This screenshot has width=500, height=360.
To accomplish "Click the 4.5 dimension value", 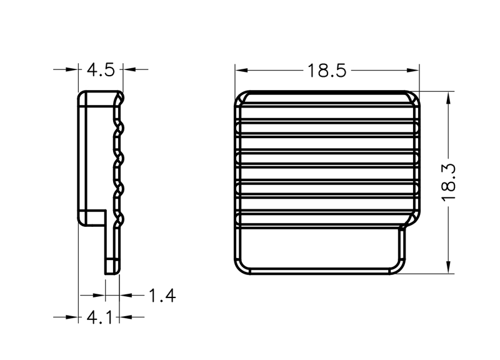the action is tap(101, 70).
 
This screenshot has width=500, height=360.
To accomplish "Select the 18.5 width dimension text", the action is tap(326, 71).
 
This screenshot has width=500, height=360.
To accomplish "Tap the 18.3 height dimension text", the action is tap(448, 182).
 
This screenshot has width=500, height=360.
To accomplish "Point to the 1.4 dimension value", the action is tap(162, 296).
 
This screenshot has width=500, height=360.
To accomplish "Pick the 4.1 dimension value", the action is tap(99, 317).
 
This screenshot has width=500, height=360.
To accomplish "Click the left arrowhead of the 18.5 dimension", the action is tap(242, 70).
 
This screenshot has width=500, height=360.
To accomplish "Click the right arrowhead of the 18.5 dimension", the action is tap(413, 70).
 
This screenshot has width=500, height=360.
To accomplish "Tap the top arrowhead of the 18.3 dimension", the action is tap(448, 98).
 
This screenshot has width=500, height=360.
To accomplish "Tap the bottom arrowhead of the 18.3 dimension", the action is tap(448, 267).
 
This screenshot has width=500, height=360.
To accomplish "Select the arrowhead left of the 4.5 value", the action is tap(72, 69).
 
